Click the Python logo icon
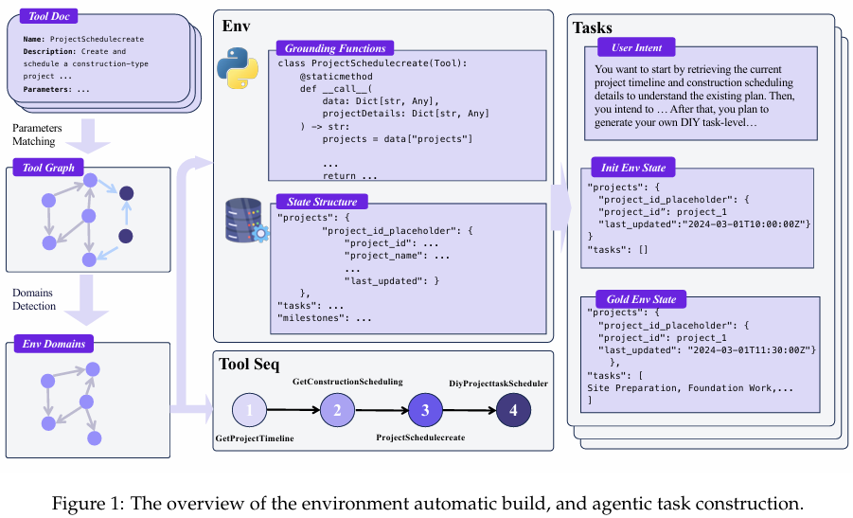(x=238, y=68)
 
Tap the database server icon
(x=247, y=221)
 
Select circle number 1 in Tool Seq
(x=249, y=410)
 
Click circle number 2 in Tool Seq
(x=337, y=410)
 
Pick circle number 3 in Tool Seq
(x=425, y=410)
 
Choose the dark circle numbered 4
(x=513, y=410)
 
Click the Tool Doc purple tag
(x=49, y=16)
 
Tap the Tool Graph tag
(x=48, y=168)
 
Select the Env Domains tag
(x=54, y=344)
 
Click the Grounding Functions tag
(x=335, y=48)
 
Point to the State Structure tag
(x=322, y=202)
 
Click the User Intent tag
(x=636, y=47)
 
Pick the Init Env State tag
(x=633, y=168)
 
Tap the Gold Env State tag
(x=641, y=299)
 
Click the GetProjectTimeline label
(x=255, y=438)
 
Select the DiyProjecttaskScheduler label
(x=498, y=384)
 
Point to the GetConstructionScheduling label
(x=347, y=382)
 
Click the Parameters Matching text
(x=37, y=134)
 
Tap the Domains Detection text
(x=34, y=299)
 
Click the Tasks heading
(x=593, y=27)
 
